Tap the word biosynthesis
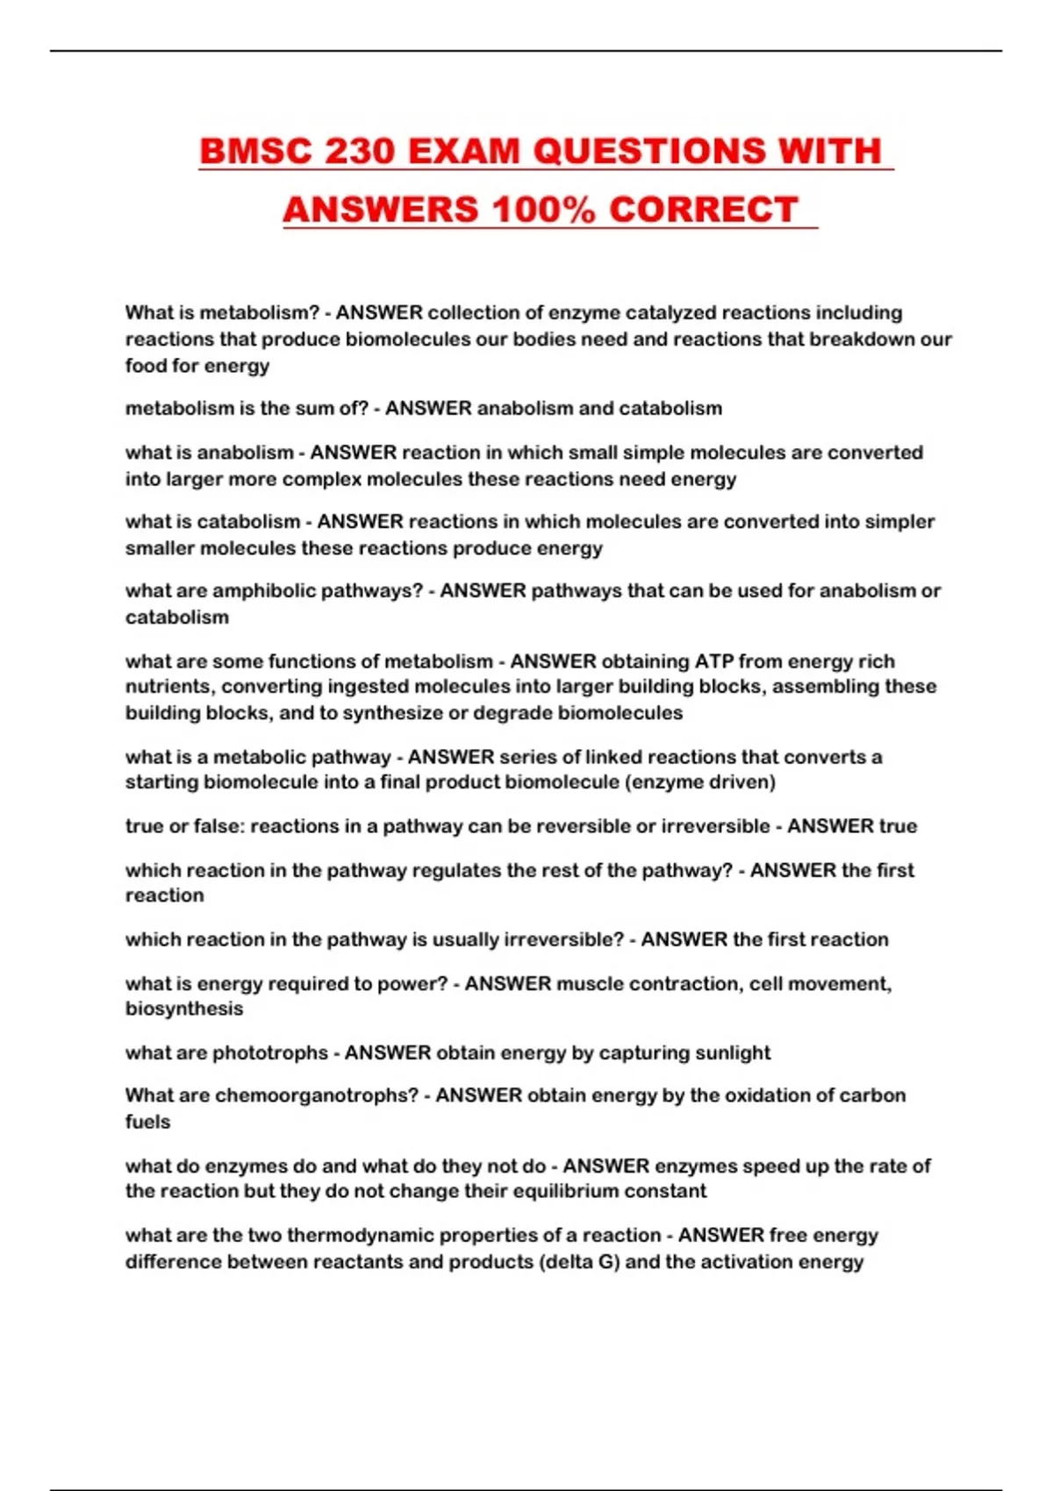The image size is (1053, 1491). pos(184,1009)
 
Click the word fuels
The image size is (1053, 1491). pos(147,1122)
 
